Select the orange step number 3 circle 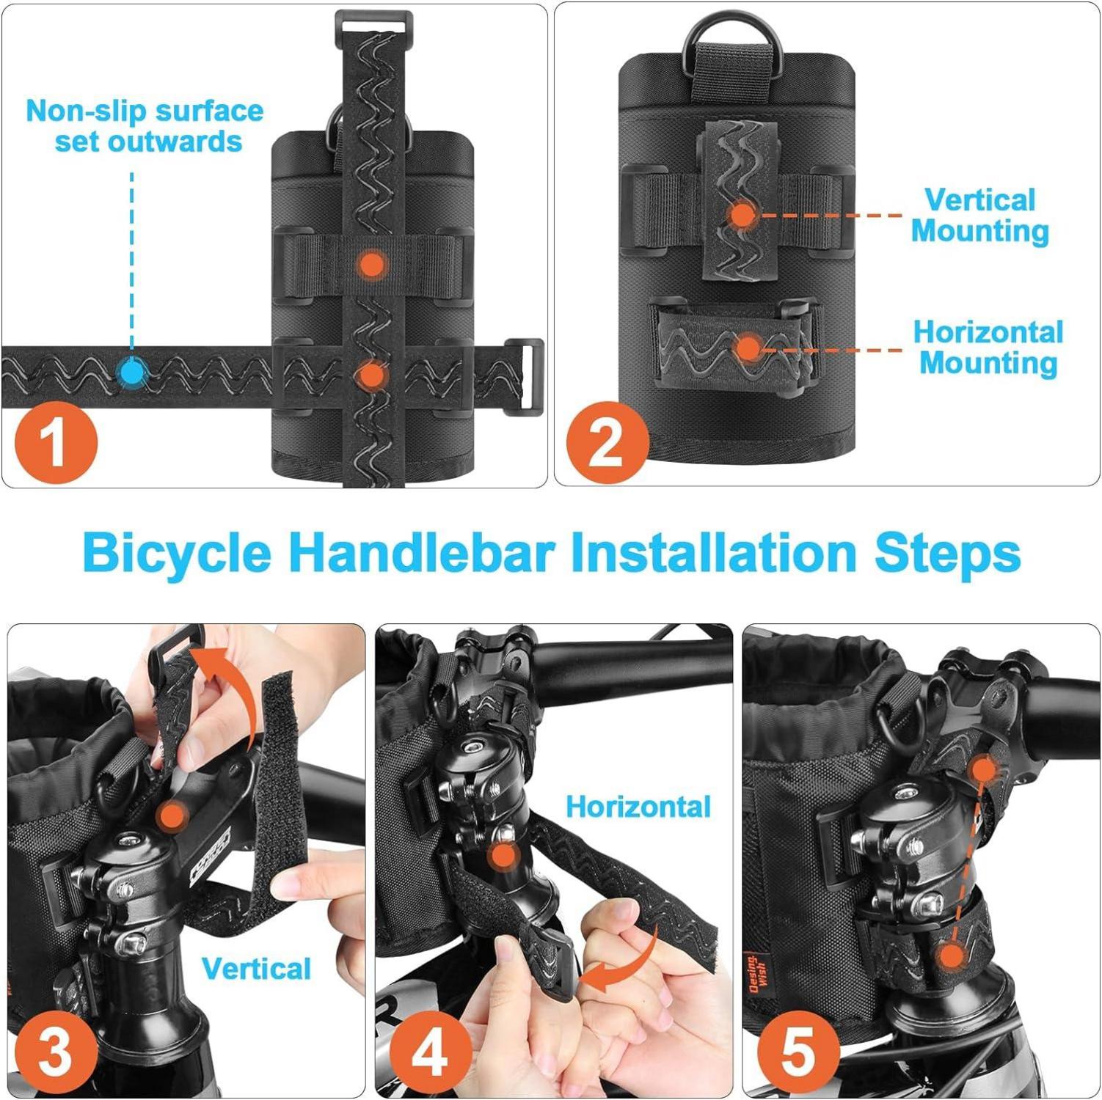56,1052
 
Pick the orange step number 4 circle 430,1052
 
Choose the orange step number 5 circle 798,1052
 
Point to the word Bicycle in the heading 177,554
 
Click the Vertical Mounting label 980,216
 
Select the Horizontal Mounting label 988,348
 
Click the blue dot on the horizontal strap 132,372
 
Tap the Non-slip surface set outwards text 145,125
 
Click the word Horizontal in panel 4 638,807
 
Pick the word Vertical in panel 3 257,969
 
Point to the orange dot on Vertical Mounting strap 742,216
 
